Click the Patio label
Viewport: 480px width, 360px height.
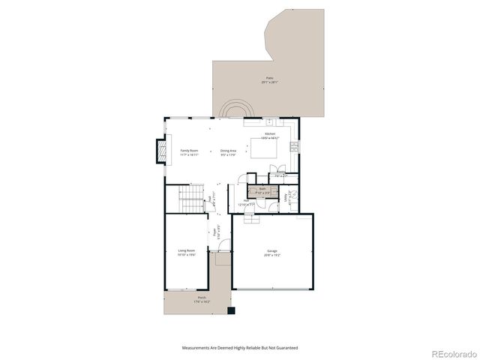click(269, 79)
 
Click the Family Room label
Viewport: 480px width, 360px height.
click(189, 152)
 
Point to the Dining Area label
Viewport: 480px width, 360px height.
click(229, 152)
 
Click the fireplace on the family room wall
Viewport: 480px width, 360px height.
click(160, 151)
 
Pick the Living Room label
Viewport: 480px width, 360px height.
click(186, 252)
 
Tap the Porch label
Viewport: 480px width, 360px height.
click(202, 299)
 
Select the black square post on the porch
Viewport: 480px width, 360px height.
click(231, 310)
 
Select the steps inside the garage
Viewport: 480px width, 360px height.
click(250, 219)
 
